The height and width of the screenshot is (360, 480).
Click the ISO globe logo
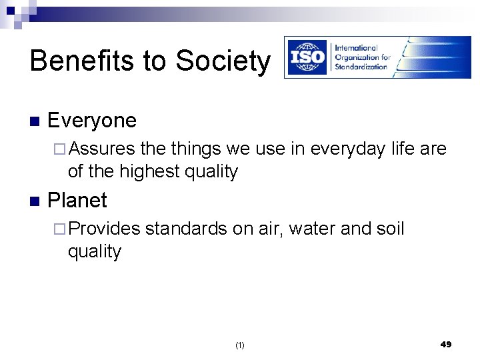click(308, 57)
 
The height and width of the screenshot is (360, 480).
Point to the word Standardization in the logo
click(361, 67)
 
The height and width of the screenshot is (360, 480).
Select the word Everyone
click(92, 121)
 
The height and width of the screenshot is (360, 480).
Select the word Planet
click(77, 200)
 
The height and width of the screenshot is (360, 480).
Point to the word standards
click(186, 228)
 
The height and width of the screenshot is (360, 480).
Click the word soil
click(389, 228)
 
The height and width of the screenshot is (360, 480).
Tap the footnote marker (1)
click(240, 345)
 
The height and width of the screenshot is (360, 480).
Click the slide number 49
click(446, 344)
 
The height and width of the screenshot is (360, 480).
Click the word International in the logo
click(356, 48)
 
